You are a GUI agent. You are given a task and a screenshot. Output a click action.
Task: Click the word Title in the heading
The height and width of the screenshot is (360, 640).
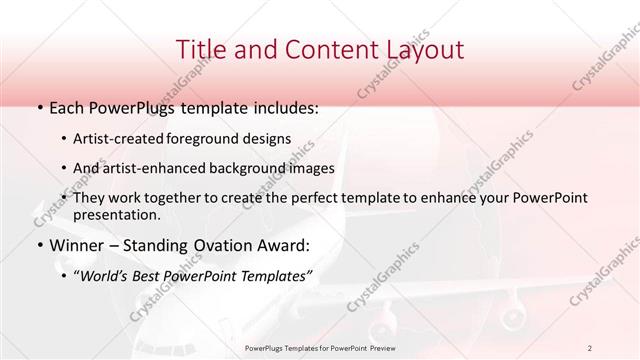198,49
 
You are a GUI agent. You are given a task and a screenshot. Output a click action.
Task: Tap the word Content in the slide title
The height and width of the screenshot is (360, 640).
322,49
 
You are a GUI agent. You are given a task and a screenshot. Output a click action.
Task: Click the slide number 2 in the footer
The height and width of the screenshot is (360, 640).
590,347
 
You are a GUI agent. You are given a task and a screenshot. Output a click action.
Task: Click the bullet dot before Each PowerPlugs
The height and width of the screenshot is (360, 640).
39,107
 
